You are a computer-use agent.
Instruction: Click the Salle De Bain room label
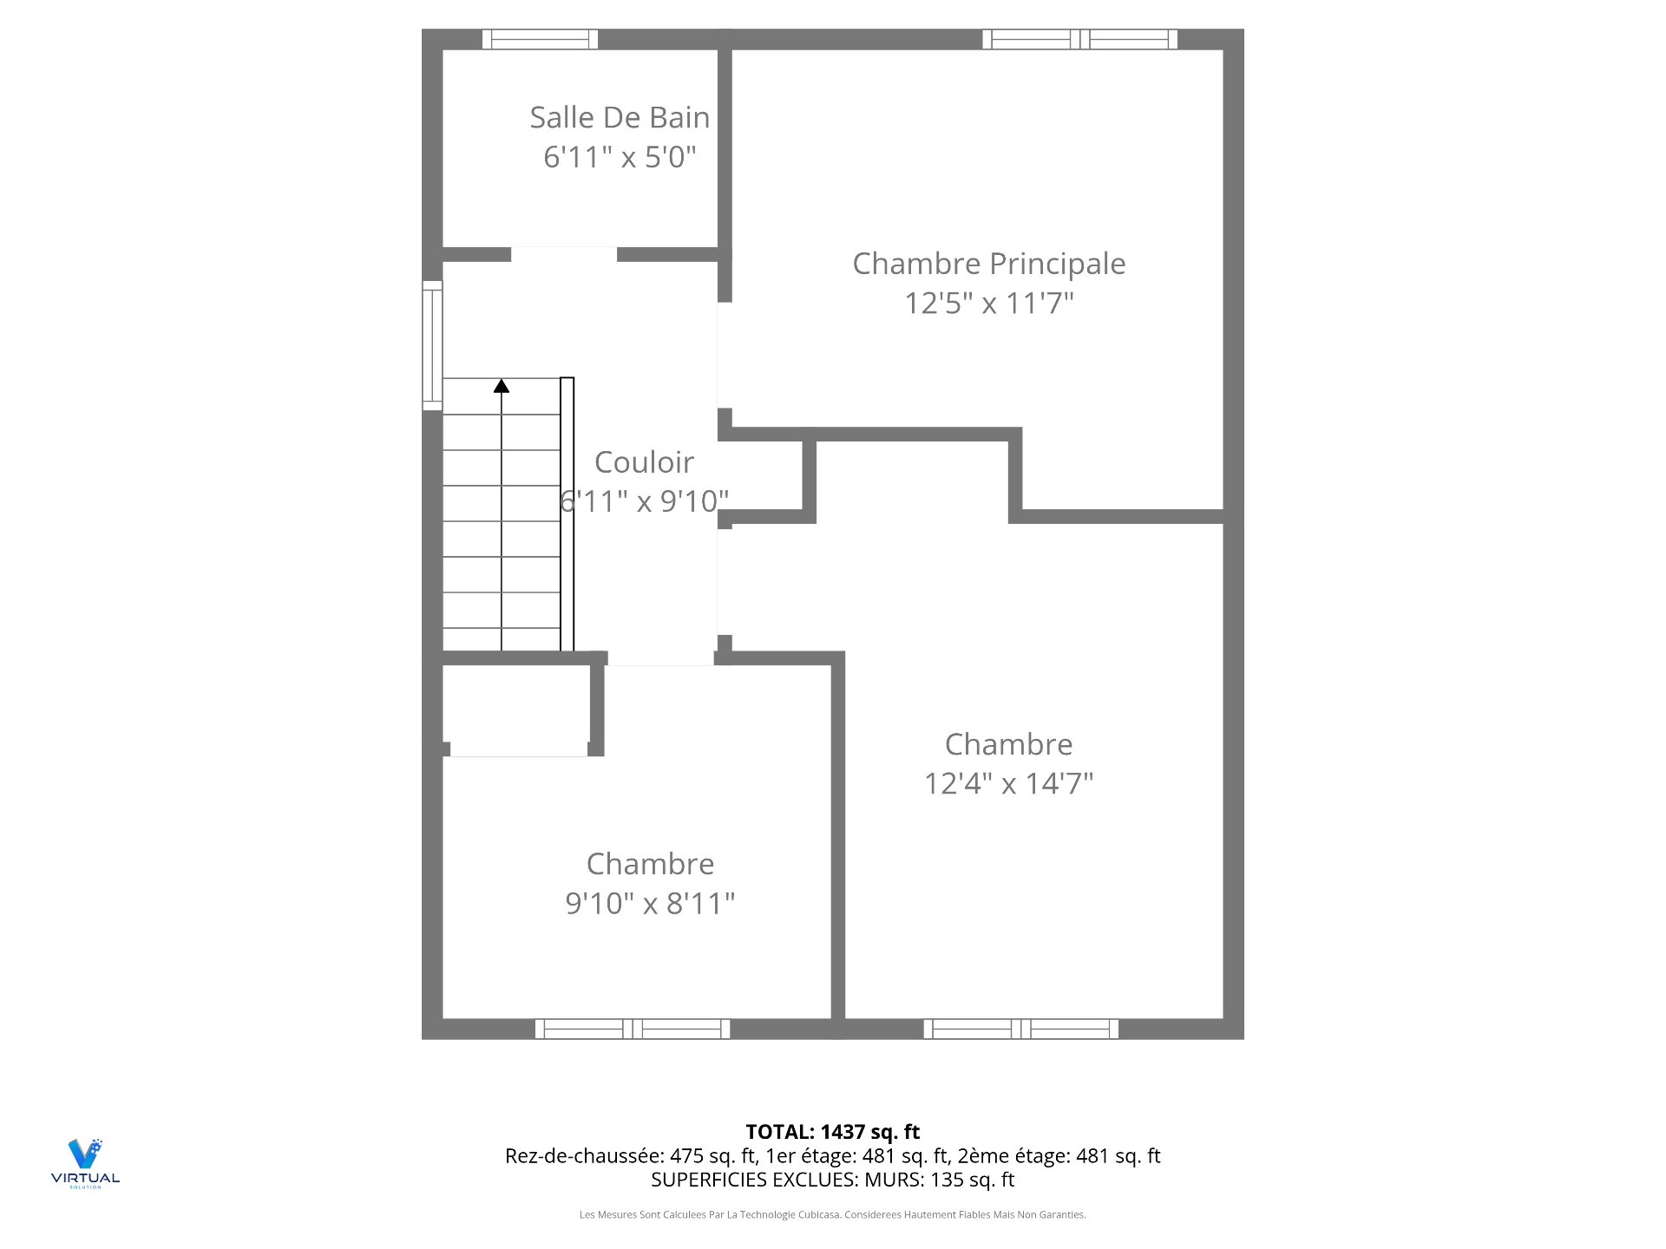620,117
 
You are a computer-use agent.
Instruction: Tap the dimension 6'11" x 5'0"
620,157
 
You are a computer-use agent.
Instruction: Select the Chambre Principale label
989,264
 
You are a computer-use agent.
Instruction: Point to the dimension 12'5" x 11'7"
989,304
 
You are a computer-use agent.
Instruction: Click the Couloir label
644,462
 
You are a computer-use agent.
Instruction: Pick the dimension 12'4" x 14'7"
1008,783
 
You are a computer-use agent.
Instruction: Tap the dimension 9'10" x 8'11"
650,903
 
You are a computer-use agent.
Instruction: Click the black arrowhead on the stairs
502,385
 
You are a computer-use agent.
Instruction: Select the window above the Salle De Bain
540,39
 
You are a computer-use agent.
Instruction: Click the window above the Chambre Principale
1079,39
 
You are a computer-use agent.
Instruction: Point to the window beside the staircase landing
432,345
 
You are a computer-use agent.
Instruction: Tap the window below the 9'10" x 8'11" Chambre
633,1029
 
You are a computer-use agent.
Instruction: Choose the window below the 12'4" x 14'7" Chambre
1021,1029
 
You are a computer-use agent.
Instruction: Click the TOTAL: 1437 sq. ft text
833,1132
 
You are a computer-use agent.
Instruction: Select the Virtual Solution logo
85,1163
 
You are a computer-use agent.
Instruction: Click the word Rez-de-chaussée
585,1156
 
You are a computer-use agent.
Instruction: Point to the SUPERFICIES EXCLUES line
833,1180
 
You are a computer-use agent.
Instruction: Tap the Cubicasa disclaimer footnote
833,1215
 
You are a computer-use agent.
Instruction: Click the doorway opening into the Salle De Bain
564,254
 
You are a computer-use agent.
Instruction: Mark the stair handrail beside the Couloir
567,514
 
